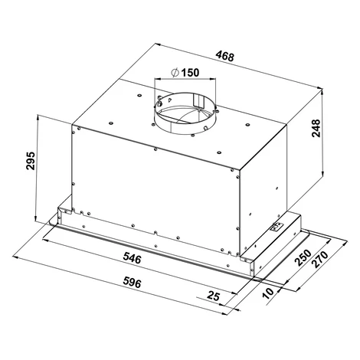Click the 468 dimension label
click(x=224, y=57)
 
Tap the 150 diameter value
click(x=190, y=73)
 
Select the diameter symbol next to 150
click(x=175, y=73)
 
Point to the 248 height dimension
click(x=316, y=128)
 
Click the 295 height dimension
click(x=31, y=161)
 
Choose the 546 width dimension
click(x=132, y=258)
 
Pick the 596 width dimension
click(x=132, y=283)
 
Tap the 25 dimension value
click(x=213, y=296)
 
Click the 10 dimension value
click(x=269, y=293)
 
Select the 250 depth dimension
click(x=303, y=258)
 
